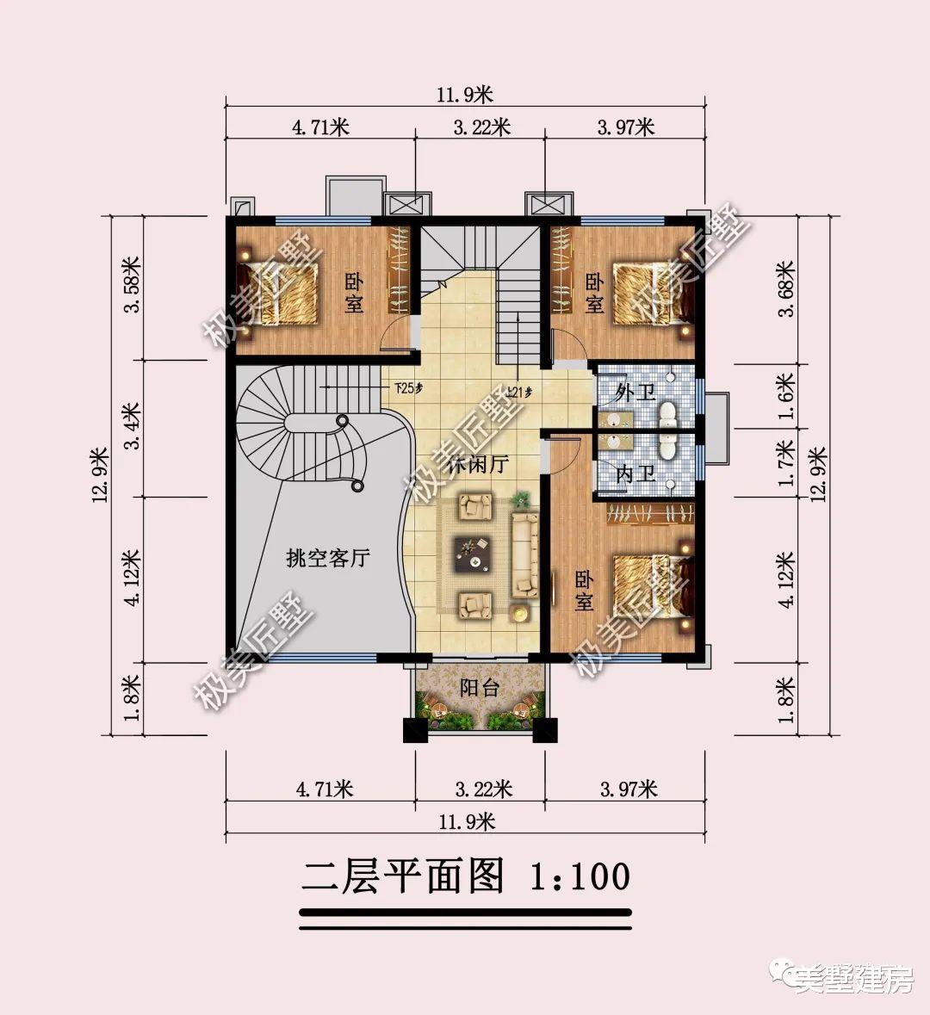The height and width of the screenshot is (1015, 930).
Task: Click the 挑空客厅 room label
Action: (x=328, y=559)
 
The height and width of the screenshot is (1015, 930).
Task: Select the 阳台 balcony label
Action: (x=480, y=688)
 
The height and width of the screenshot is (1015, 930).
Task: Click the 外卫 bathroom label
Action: (x=635, y=393)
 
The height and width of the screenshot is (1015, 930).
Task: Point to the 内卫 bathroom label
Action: (x=635, y=474)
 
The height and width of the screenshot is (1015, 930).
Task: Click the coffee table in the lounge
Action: (x=474, y=553)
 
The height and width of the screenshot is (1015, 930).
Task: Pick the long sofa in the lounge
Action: (x=524, y=554)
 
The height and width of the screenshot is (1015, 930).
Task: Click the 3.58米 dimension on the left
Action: (x=132, y=285)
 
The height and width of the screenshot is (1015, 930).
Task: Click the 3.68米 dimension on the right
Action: (x=785, y=289)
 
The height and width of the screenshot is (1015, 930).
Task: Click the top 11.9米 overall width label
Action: (x=466, y=95)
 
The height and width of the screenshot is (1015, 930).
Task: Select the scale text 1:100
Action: (x=580, y=877)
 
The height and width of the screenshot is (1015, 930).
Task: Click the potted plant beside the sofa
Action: (x=520, y=498)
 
